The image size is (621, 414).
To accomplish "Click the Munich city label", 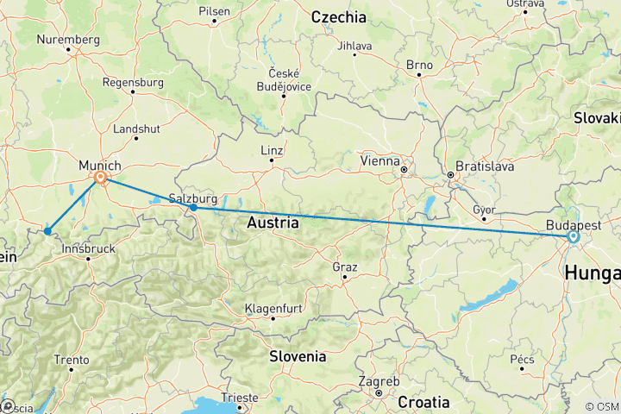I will click(x=99, y=165).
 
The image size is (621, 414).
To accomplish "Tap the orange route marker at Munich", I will click(x=101, y=179).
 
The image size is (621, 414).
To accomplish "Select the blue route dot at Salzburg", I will click(x=193, y=208).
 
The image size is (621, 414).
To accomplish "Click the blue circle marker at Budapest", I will click(x=573, y=236).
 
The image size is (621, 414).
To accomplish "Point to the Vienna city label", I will click(x=380, y=160).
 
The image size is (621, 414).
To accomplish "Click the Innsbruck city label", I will click(x=88, y=248).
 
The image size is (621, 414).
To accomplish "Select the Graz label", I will click(x=344, y=267).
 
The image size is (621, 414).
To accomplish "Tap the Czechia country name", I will click(x=338, y=17).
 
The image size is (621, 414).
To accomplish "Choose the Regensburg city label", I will click(x=133, y=82).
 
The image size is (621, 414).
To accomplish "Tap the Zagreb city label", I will click(x=379, y=381).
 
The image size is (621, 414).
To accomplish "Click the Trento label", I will click(x=71, y=360).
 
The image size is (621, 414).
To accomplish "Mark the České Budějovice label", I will click(x=284, y=78).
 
